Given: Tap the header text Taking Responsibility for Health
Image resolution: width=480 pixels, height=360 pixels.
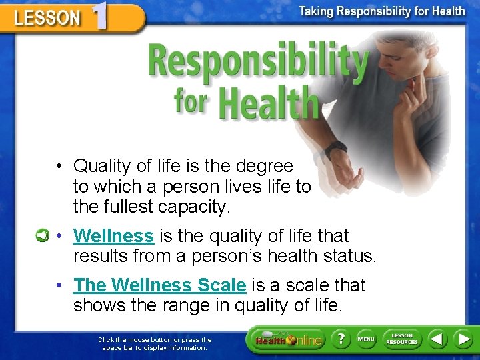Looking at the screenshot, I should pyautogui.click(x=381, y=11).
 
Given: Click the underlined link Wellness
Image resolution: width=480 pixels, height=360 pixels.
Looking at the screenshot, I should pyautogui.click(x=113, y=236).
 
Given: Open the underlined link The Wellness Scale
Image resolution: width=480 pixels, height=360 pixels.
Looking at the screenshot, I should pyautogui.click(x=160, y=285).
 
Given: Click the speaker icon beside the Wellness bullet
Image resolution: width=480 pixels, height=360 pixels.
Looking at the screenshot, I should pyautogui.click(x=43, y=235).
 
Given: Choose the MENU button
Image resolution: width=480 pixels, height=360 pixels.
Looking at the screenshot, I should pyautogui.click(x=366, y=339).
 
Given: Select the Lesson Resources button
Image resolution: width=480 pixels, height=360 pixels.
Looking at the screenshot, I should pyautogui.click(x=402, y=339).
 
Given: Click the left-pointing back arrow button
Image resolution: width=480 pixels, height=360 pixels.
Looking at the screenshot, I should pyautogui.click(x=437, y=339).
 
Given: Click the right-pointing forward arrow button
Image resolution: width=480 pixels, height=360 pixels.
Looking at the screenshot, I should pyautogui.click(x=463, y=339).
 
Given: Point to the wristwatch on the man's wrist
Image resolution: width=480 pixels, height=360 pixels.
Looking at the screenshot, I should pyautogui.click(x=336, y=148).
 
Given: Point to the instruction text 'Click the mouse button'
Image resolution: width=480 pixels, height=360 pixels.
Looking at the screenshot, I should pyautogui.click(x=155, y=339).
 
